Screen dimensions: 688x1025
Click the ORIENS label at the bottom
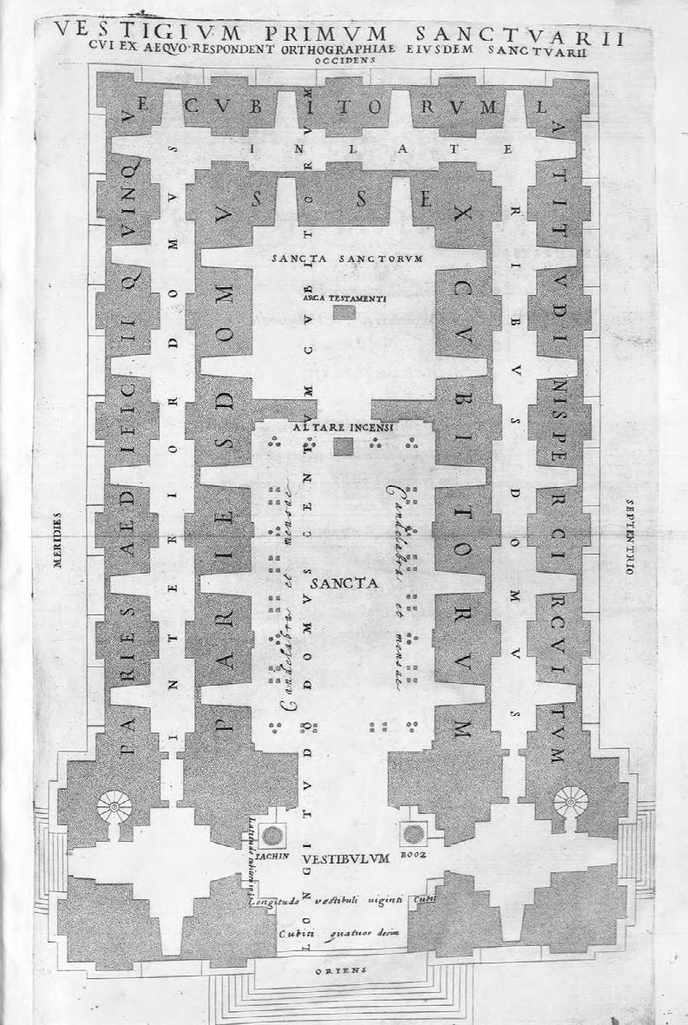(x=344, y=969)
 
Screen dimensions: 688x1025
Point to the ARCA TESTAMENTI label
(x=344, y=298)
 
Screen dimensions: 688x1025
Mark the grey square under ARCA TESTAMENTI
(x=344, y=312)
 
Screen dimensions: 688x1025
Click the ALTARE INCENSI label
(x=344, y=428)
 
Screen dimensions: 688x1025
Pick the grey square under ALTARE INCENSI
(x=344, y=447)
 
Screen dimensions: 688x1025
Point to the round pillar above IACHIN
(x=272, y=836)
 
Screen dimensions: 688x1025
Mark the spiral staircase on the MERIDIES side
(x=114, y=806)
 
